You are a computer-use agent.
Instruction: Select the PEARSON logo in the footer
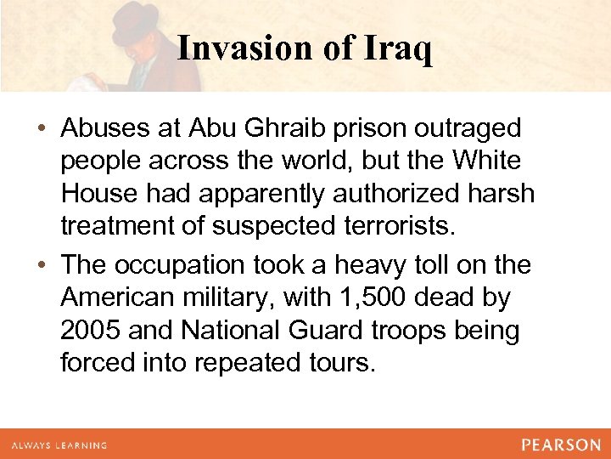(561, 445)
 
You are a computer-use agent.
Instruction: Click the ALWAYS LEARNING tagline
(59, 445)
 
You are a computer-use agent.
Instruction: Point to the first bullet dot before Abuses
(42, 129)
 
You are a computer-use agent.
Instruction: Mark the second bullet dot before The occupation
(42, 266)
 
